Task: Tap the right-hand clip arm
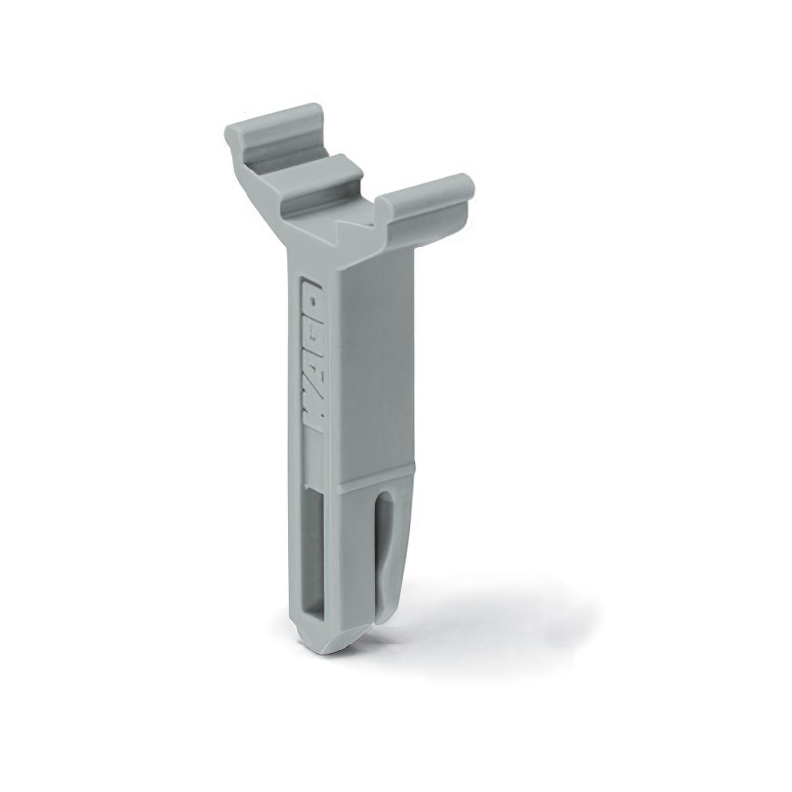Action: point(426,198)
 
